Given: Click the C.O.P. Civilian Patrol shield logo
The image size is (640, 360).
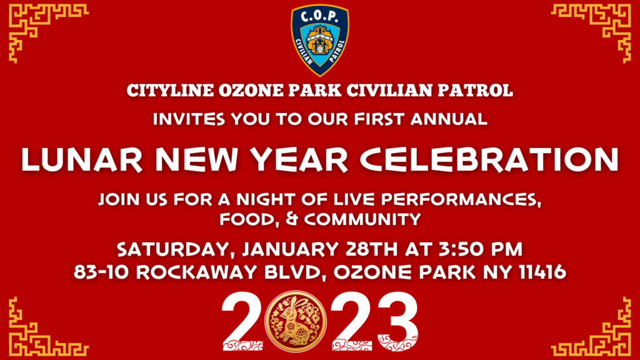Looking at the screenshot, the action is [x=319, y=40].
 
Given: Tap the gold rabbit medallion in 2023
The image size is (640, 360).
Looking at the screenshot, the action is [x=296, y=321].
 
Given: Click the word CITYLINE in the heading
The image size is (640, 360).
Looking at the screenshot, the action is [x=170, y=90].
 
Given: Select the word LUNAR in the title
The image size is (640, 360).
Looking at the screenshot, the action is [x=82, y=159].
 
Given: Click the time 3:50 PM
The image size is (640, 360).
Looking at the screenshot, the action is [x=480, y=249].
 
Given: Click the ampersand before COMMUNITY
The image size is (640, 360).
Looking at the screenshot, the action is [x=292, y=219].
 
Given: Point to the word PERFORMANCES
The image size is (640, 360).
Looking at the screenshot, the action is [x=461, y=199].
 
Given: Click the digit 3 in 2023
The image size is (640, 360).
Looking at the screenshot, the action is [x=397, y=321].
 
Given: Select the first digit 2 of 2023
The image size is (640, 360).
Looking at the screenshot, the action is [x=241, y=321].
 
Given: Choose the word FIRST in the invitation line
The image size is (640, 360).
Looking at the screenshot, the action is [x=379, y=119].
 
